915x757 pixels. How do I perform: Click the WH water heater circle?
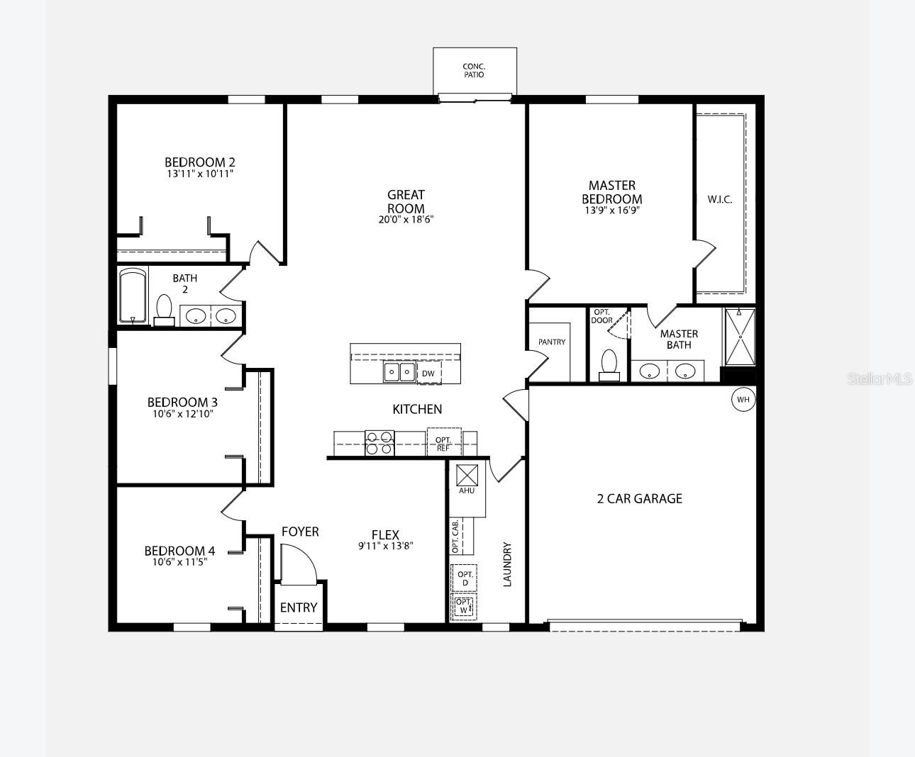point(743,399)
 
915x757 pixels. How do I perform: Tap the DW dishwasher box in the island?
point(429,373)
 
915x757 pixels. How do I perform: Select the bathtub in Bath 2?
point(133,296)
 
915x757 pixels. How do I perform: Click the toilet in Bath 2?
point(165,310)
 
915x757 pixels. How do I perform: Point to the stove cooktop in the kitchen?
point(379,443)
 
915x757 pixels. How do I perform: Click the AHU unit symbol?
point(467,476)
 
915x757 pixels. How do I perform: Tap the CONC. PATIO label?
point(474,70)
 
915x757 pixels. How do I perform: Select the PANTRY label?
point(552,342)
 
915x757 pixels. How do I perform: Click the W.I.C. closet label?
point(720,200)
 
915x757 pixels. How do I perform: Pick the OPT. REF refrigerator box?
point(444,442)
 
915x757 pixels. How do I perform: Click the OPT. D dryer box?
point(464,578)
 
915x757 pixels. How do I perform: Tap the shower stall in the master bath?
point(740,337)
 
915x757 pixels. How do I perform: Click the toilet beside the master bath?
point(609,365)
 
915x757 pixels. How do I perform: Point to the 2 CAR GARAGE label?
point(639,499)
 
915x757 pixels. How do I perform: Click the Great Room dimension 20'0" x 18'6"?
point(406,219)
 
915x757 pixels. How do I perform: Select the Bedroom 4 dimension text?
point(179,562)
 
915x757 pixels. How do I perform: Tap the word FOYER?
point(300,532)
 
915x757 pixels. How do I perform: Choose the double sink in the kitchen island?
point(399,372)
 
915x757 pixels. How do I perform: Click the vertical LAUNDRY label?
point(507,564)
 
